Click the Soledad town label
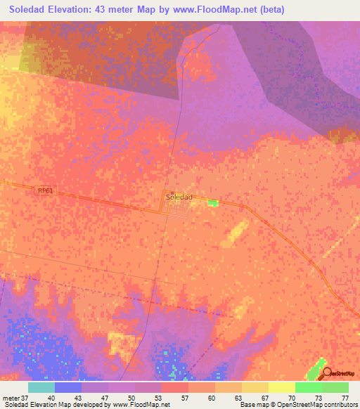click(179, 198)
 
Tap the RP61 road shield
click(46, 190)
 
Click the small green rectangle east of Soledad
click(213, 203)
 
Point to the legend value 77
click(345, 398)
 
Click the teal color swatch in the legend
click(41, 387)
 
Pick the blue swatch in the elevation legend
click(68, 387)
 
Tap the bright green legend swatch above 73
click(309, 387)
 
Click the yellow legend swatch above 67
click(255, 387)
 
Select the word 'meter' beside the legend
click(11, 398)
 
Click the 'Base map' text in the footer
click(254, 405)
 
